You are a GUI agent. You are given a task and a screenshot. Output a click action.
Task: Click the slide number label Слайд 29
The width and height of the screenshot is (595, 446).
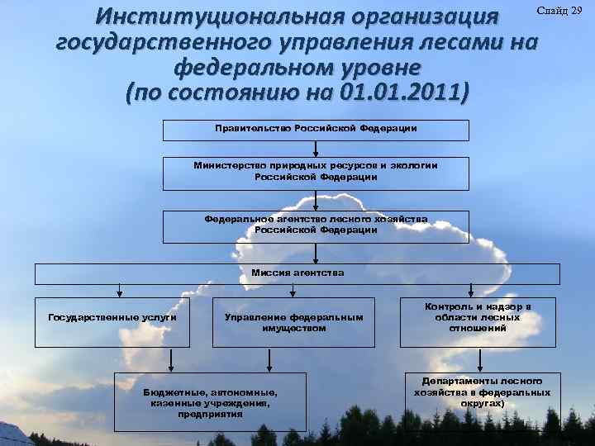click(559, 11)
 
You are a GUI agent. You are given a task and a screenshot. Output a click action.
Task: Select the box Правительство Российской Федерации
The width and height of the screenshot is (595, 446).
click(316, 129)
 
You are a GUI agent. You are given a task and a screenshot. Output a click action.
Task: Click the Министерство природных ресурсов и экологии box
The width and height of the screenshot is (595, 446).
click(316, 171)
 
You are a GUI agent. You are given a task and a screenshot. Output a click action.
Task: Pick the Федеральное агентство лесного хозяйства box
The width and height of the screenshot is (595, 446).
click(316, 225)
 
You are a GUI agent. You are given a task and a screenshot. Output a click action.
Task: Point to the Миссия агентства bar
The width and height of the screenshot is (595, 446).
click(297, 273)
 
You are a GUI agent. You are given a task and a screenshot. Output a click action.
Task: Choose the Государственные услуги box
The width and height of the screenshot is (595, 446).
click(112, 317)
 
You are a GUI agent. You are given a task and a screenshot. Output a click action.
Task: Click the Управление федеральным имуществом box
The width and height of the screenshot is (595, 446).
click(293, 322)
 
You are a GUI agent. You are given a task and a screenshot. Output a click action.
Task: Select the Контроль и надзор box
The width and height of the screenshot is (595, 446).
click(477, 317)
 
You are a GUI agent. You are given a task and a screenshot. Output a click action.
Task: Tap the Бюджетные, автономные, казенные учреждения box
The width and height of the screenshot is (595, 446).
click(210, 402)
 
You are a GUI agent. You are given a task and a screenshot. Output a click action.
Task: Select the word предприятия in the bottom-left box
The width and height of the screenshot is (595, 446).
click(210, 415)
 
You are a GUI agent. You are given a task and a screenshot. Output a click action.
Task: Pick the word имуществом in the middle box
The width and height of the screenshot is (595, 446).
click(293, 329)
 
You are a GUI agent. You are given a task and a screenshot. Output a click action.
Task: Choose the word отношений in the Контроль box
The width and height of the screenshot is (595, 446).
click(478, 329)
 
